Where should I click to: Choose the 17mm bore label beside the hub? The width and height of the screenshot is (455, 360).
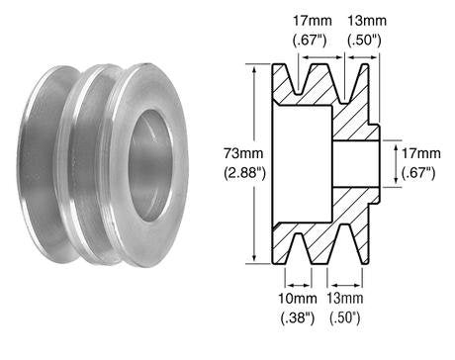(419, 154)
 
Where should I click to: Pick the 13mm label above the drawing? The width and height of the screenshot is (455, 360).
(364, 20)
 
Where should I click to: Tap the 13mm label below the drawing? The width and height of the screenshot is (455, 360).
(348, 299)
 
